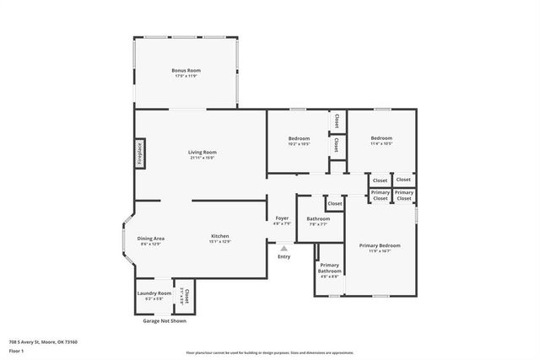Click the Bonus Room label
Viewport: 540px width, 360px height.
coord(185,70)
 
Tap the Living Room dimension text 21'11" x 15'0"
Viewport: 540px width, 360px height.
coord(202,158)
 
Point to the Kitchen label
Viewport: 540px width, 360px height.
coord(220,236)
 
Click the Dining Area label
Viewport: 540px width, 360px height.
coord(150,239)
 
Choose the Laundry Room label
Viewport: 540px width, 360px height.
coord(154,293)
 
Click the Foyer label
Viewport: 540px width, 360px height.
coord(282,218)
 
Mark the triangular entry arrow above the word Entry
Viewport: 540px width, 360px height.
coord(283,249)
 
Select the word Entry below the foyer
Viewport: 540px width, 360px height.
coord(283,256)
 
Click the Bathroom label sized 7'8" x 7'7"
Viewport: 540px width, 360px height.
coord(318,218)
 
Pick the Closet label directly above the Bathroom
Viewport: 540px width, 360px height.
coord(335,203)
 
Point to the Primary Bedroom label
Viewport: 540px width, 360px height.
coord(379,245)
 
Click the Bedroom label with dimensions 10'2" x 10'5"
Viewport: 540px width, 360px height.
coord(299,138)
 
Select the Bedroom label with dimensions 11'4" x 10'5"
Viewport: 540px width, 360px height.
coord(381,138)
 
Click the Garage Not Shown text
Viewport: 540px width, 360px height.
coord(165,320)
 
